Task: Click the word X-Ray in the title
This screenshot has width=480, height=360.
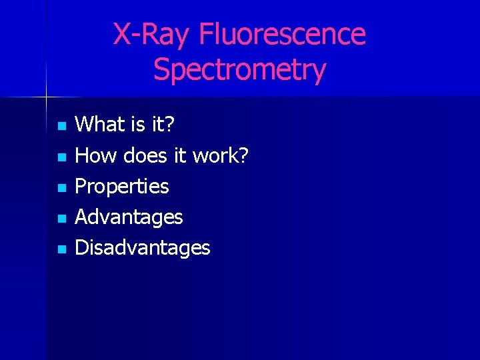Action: coord(151,35)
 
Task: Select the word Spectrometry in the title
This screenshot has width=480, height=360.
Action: coord(239,69)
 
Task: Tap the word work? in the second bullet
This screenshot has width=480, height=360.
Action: coord(220,155)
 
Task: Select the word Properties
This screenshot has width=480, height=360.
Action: coord(122,187)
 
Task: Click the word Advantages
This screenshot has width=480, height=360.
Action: coord(129,217)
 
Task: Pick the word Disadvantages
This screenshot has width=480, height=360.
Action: coord(143,248)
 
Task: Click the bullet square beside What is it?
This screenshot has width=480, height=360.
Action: coord(62,125)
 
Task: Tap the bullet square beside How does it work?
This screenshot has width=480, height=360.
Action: coord(62,157)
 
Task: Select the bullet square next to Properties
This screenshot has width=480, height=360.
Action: coord(62,188)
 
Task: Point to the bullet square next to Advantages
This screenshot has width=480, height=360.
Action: coord(62,219)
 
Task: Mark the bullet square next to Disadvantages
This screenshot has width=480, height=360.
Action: coord(62,249)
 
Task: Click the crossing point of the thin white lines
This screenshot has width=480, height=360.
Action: coord(46,97)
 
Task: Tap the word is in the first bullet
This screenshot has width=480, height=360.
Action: coord(137,124)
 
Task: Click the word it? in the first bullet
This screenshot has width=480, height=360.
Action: coord(161,124)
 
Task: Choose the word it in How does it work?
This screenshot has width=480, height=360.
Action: coord(180,155)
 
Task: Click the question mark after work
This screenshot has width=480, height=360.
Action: coord(243,155)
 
